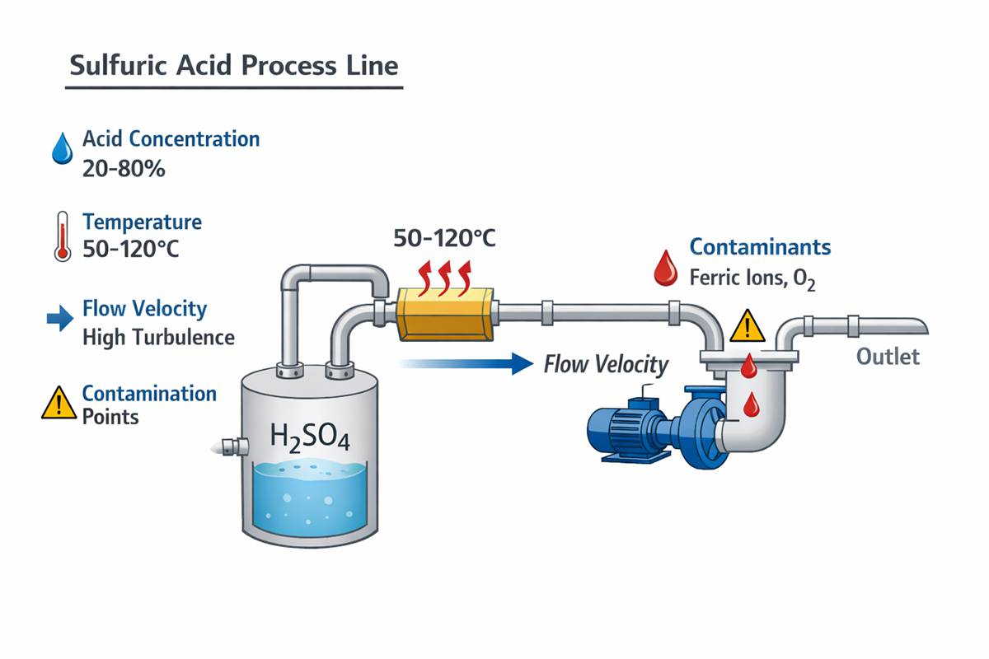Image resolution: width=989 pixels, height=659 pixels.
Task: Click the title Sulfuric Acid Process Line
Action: pyautogui.click(x=233, y=66)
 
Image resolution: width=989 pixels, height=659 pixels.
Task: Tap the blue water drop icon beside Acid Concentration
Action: pyautogui.click(x=61, y=149)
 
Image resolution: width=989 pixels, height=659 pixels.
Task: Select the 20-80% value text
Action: pyautogui.click(x=124, y=169)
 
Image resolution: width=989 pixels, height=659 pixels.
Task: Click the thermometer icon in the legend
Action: pyautogui.click(x=62, y=236)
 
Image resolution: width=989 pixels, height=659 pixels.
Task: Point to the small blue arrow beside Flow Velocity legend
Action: pyautogui.click(x=60, y=320)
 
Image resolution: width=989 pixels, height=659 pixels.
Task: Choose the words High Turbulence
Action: pyautogui.click(x=158, y=337)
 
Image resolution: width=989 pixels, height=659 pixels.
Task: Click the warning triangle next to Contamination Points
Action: pyautogui.click(x=59, y=404)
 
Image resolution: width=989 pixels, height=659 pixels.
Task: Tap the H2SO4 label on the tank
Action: pyautogui.click(x=310, y=437)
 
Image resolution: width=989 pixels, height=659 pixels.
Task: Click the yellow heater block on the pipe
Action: pyautogui.click(x=444, y=314)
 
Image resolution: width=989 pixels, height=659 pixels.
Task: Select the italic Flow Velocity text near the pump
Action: pyautogui.click(x=606, y=363)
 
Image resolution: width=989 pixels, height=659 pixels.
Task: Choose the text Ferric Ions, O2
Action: pyautogui.click(x=752, y=278)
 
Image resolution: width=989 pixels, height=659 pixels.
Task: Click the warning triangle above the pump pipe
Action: pyautogui.click(x=747, y=327)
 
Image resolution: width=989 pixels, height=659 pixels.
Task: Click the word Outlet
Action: pyautogui.click(x=888, y=357)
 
